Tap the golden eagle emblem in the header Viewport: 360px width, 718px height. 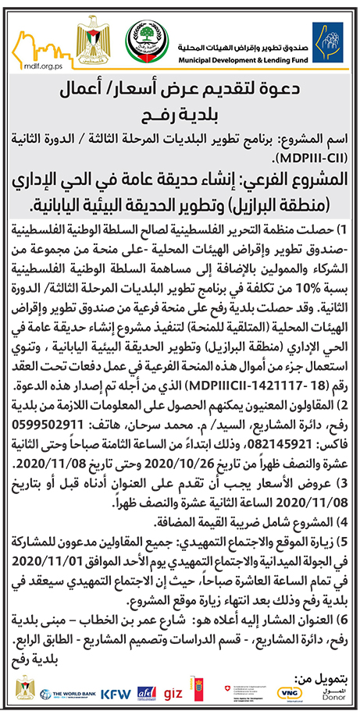pos(94,40)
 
